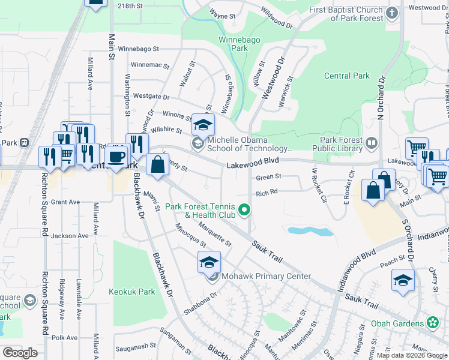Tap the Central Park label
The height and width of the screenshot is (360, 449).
point(347,76)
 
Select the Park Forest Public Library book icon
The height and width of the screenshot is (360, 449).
point(372,143)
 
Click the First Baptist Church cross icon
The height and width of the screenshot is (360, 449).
point(392,13)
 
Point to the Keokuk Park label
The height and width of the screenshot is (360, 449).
point(132,292)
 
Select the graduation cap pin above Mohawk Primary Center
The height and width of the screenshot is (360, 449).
point(209,262)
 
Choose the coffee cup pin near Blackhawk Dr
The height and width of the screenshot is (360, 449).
point(116,156)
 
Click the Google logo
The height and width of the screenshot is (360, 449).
point(20,353)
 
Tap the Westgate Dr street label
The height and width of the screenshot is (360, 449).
point(151,96)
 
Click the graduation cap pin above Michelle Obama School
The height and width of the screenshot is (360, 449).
point(203,124)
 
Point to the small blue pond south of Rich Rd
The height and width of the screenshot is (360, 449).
point(310,231)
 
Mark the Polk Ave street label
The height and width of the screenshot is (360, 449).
point(65,338)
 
